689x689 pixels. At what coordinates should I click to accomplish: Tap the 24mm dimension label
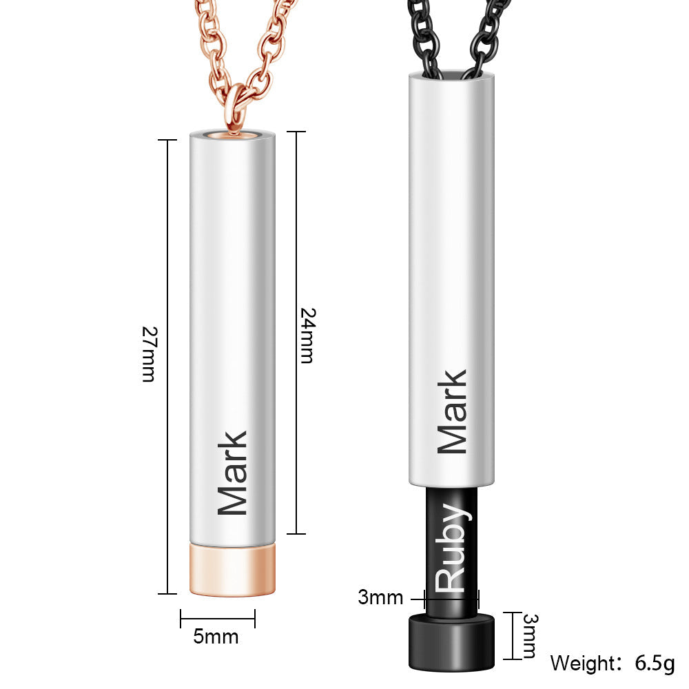307,335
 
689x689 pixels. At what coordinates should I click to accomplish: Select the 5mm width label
216,637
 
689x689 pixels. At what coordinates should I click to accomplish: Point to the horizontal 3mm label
380,597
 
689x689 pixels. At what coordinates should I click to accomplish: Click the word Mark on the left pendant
232,473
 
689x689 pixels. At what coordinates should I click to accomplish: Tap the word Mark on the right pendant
453,412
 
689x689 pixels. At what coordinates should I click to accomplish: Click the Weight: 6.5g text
612,664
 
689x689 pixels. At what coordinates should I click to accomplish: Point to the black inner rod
451,524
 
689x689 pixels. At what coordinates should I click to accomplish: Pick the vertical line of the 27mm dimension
167,241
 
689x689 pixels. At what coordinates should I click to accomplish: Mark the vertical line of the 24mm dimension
296,207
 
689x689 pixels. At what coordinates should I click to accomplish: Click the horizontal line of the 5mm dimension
218,619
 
